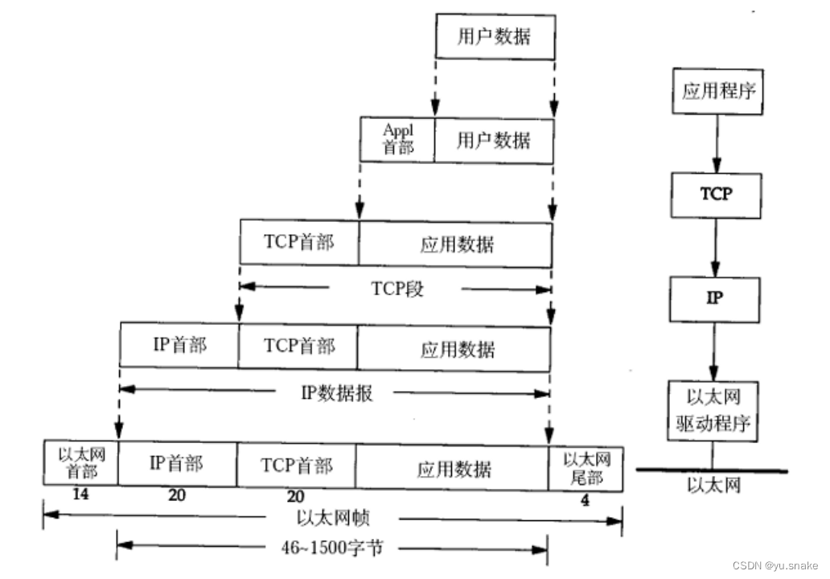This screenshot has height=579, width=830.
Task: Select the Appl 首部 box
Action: click(x=397, y=140)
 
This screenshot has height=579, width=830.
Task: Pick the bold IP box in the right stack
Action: click(x=714, y=298)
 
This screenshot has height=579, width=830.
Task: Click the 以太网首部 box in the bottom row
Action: click(x=81, y=462)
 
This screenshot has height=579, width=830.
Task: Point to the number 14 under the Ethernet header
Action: click(x=80, y=494)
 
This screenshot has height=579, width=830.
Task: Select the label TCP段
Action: click(x=397, y=289)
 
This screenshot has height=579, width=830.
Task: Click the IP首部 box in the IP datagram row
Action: click(x=179, y=345)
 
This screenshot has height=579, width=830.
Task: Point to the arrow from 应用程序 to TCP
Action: click(x=714, y=142)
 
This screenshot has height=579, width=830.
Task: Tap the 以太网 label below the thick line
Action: click(x=713, y=485)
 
